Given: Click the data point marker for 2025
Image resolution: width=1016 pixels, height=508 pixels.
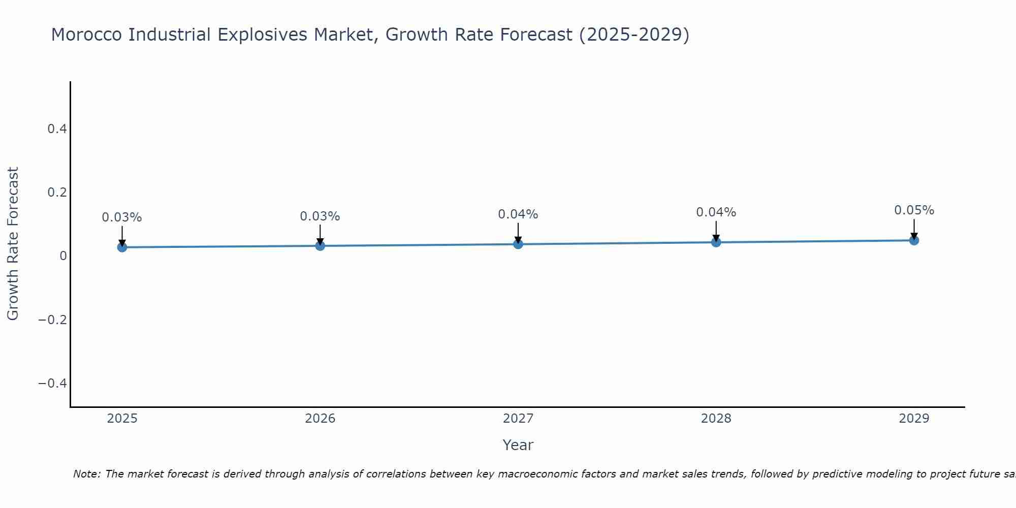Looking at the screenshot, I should pos(122,247).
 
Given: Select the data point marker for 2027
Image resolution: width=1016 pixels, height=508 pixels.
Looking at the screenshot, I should pos(518,244).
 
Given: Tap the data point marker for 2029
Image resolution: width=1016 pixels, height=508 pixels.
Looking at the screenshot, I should pos(914,240).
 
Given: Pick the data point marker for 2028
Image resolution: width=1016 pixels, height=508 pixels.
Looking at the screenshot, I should pos(716,242).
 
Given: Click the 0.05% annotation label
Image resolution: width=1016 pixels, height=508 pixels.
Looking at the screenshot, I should pos(914,210).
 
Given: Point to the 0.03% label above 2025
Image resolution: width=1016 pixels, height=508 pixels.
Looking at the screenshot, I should pos(122,217).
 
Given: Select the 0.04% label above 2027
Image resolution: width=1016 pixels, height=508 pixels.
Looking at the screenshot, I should pos(518,214).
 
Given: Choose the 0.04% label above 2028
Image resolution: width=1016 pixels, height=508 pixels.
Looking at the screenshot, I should pos(716,212).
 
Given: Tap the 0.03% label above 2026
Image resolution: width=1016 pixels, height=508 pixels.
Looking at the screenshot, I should pos(320,216).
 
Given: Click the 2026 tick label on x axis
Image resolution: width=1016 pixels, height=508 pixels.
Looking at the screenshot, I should pos(320,419).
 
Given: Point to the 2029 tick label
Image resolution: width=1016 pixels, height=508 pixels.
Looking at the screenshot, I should pos(914,419).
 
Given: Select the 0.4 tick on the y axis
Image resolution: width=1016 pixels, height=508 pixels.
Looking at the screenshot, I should pos(57,129).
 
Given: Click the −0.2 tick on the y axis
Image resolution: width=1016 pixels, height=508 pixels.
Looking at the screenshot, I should pos(53,320).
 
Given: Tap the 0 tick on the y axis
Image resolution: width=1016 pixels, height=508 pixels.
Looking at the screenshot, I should pos(63,256).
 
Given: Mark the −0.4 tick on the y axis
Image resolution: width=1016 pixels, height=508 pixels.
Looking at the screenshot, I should pos(53,383).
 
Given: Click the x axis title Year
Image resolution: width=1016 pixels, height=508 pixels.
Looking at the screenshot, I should pos(518,445).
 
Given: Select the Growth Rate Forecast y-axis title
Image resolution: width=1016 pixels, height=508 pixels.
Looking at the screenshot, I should pos(13,244).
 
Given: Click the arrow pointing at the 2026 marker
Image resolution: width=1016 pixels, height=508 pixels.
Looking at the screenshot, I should pos(320,235).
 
